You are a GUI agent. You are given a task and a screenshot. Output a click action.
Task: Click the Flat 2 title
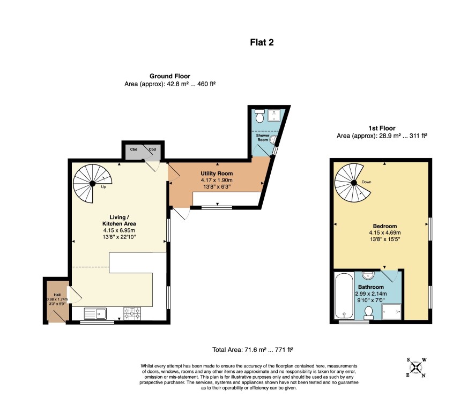click(262, 42)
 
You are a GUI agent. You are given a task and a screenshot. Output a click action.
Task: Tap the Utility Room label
click(217, 174)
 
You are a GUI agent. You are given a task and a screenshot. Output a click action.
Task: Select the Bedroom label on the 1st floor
click(385, 226)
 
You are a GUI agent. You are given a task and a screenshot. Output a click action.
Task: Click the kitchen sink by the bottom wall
click(95, 314)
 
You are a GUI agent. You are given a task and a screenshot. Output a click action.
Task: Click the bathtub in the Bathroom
click(344, 296)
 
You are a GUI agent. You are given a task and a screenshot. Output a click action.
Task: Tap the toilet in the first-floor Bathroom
click(369, 313)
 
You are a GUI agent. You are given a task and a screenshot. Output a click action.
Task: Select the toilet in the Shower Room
click(259, 115)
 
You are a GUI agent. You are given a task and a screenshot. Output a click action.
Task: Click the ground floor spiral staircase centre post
click(92, 184)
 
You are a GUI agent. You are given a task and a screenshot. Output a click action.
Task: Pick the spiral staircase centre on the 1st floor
click(353, 183)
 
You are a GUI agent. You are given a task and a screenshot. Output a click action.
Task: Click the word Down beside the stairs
click(367, 182)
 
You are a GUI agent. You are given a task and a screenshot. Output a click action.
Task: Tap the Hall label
click(57, 295)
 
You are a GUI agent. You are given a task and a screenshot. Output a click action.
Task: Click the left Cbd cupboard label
click(133, 149)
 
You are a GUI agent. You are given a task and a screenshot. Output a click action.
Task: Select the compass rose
click(417, 367)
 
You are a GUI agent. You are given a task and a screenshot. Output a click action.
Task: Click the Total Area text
click(253, 350)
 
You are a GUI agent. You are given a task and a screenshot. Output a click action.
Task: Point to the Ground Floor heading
click(170, 76)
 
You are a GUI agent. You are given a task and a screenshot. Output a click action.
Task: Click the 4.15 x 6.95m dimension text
click(119, 230)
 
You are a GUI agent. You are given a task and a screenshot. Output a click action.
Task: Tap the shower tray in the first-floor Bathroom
click(391, 312)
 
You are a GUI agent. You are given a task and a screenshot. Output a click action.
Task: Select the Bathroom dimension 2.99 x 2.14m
click(371, 294)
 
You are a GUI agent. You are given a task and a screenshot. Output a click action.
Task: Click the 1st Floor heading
click(382, 128)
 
